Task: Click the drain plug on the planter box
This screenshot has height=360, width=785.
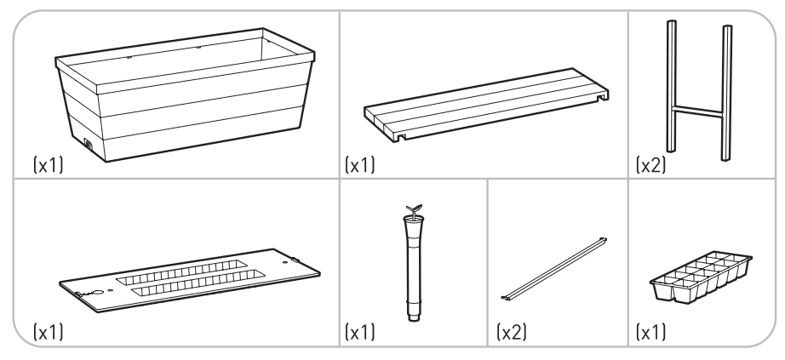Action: [x=89, y=144]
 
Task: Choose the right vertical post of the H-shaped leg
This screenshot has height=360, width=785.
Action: [x=726, y=94]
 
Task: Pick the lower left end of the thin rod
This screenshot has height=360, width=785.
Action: [x=504, y=297]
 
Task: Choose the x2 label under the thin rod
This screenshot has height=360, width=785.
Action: [x=507, y=329]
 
